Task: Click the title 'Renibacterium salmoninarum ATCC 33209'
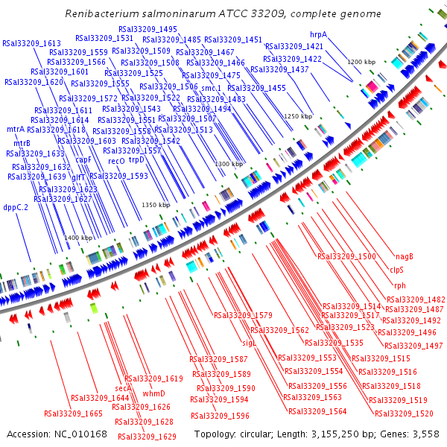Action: [x=223, y=14]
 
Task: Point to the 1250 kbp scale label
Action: [x=298, y=116]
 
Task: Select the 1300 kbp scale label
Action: [x=229, y=164]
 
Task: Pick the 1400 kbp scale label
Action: [x=78, y=238]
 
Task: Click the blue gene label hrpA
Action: [x=318, y=34]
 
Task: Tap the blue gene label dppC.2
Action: [x=16, y=207]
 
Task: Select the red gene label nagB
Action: [x=404, y=256]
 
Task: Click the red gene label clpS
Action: [x=396, y=270]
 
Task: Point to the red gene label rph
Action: [x=400, y=285]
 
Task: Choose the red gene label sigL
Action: [x=250, y=343]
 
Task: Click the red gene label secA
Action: [x=123, y=388]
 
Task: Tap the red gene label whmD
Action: [x=153, y=393]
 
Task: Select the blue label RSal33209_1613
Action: [x=32, y=43]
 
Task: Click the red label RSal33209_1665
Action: [x=73, y=413]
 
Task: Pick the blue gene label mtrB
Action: [x=22, y=142]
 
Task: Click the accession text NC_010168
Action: [x=80, y=434]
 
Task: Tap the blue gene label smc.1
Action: [x=211, y=88]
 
